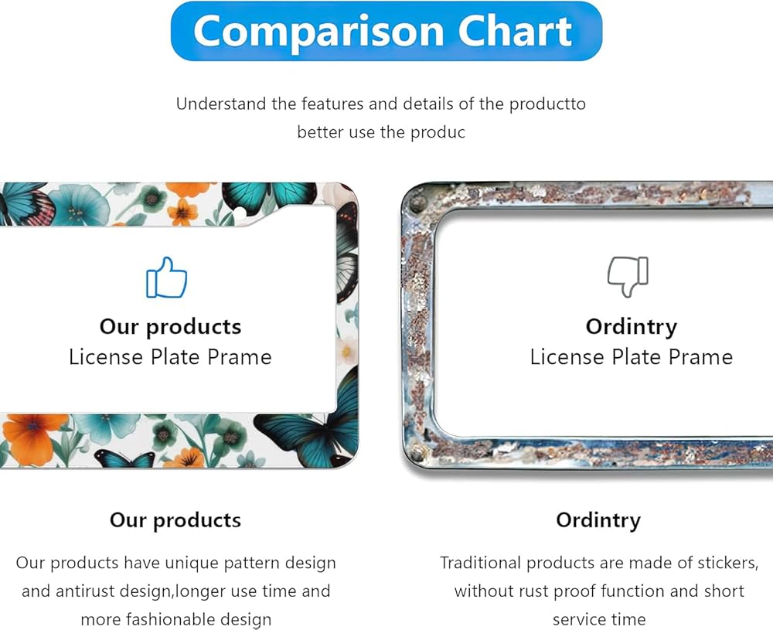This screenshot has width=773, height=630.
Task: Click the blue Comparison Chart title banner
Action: point(386,31)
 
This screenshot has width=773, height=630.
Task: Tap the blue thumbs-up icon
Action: point(167,278)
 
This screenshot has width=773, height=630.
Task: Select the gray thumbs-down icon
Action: point(628,277)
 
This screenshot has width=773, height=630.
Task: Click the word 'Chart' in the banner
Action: point(515,31)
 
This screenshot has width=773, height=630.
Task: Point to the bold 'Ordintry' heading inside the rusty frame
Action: point(632,327)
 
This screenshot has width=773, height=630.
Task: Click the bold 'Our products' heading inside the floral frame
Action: point(171,327)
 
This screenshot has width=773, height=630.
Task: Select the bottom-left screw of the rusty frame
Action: point(418,451)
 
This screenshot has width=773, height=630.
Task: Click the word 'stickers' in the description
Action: point(727,563)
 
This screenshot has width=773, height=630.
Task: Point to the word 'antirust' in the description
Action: point(83,591)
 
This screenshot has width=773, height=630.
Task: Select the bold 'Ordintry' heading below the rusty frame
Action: point(598,520)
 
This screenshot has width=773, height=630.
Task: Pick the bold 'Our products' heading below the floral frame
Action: point(175,520)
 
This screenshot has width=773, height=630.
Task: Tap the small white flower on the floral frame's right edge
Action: point(347,349)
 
